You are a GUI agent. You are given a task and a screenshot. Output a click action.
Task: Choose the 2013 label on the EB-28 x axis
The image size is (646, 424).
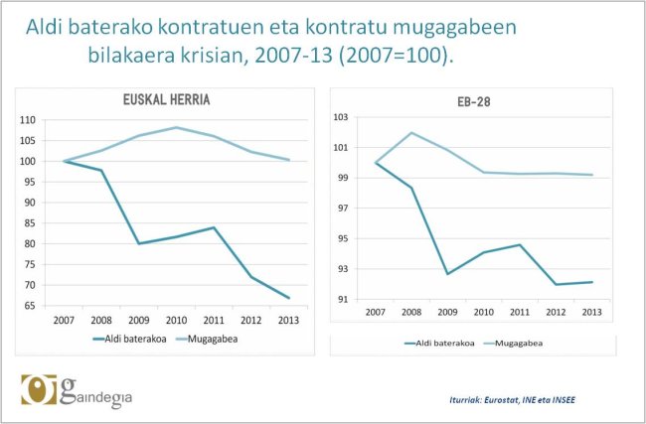click(591, 313)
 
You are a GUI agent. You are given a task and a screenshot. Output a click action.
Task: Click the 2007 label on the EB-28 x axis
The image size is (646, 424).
click(376, 313)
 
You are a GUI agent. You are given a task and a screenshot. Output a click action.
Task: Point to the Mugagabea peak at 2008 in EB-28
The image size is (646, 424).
click(411, 132)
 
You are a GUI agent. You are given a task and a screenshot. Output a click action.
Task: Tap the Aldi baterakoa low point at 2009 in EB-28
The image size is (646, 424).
click(447, 274)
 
